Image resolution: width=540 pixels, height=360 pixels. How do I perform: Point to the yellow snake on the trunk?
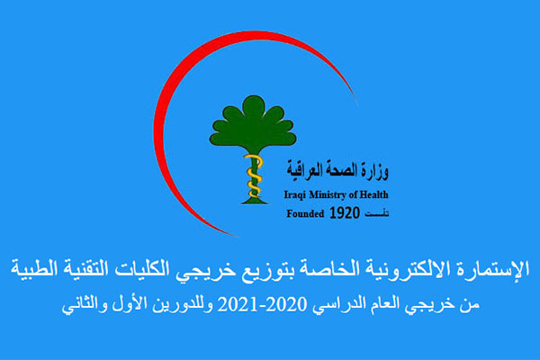254,175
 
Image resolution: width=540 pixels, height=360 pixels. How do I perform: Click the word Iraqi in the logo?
295,195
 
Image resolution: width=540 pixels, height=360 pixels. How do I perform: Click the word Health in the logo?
374,194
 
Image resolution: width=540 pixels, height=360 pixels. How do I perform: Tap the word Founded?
305,213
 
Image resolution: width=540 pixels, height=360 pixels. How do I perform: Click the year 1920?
345,213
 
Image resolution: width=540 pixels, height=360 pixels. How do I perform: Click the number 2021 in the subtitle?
237,304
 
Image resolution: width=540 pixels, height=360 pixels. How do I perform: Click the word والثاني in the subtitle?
84,305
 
